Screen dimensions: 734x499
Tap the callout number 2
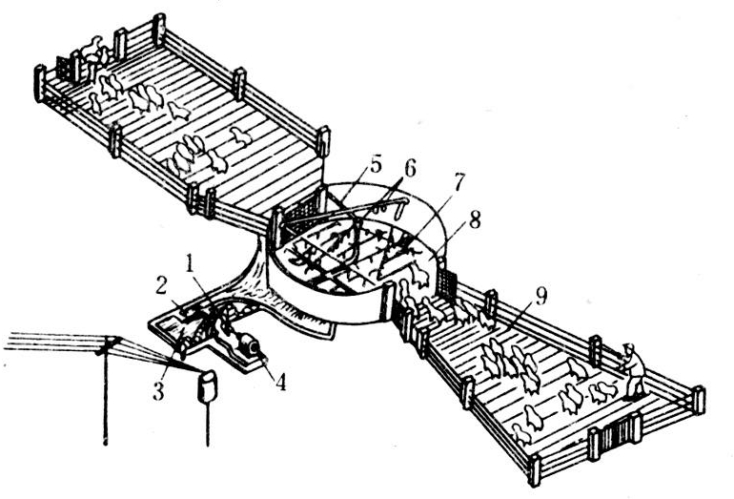tap(161, 287)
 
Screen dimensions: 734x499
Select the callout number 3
tap(158, 392)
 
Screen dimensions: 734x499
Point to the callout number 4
tap(280, 382)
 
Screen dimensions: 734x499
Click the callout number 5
tap(376, 165)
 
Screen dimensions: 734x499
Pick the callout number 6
tap(409, 170)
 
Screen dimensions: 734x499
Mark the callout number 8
tap(475, 220)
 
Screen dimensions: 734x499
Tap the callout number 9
tap(540, 297)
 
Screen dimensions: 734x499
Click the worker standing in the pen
tap(633, 370)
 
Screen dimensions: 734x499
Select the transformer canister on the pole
tap(207, 386)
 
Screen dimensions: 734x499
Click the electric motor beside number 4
tap(248, 347)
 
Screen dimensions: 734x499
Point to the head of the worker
tap(629, 347)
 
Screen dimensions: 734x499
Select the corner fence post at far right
tap(698, 400)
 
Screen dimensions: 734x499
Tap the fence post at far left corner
tap(40, 83)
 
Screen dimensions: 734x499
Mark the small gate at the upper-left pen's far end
tap(66, 69)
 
